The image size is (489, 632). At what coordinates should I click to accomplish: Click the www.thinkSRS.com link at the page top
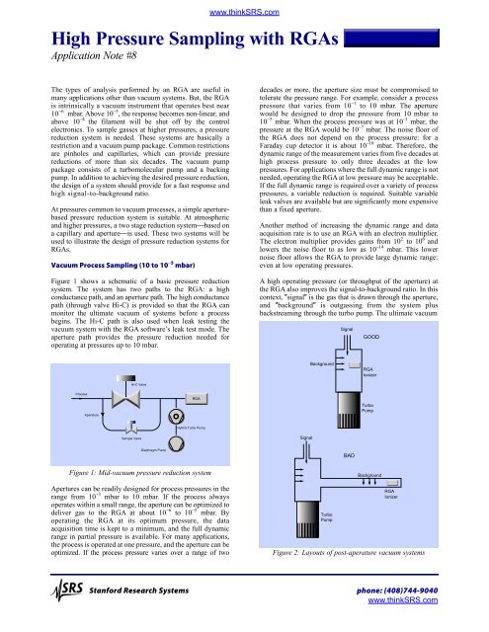click(x=244, y=9)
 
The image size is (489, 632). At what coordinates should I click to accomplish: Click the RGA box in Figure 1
click(x=169, y=396)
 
